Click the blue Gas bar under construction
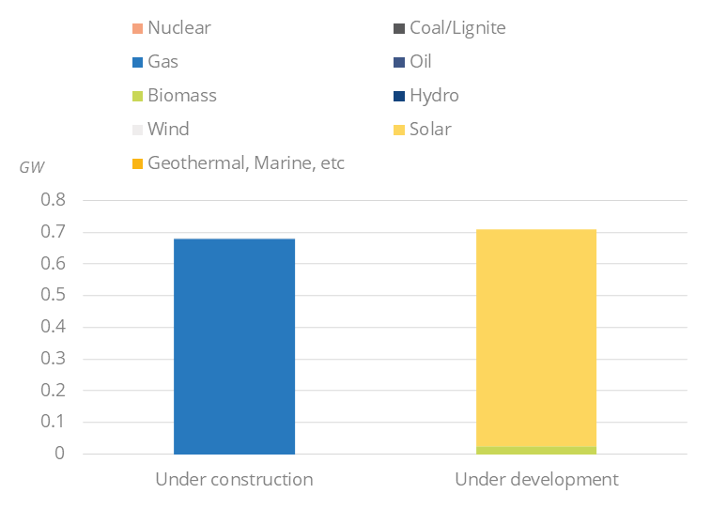pos(234,346)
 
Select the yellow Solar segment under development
pos(536,338)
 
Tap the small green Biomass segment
pos(536,451)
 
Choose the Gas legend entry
pos(162,62)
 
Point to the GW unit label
pos(32,167)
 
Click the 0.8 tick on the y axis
pos(54,200)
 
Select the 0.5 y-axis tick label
pos(54,295)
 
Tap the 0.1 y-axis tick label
pos(54,422)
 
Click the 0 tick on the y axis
pos(60,454)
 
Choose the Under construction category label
pos(234,479)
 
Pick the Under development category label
pos(536,479)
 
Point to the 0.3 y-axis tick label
pos(54,359)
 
